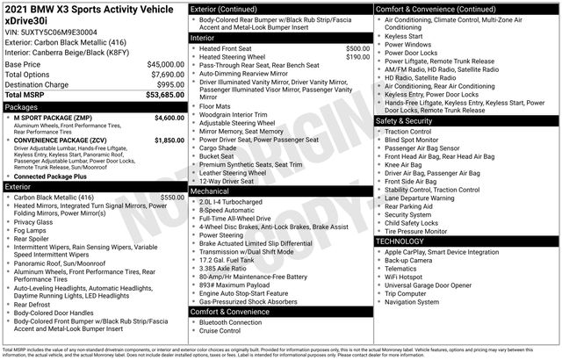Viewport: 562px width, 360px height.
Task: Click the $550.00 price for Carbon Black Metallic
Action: (x=173, y=198)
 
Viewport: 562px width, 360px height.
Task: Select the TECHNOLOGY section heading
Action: (x=406, y=241)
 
